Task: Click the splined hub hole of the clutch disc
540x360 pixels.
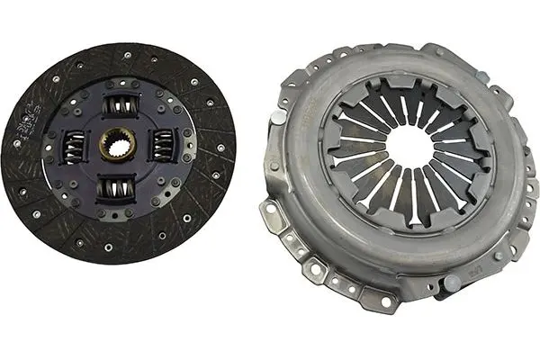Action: click(x=119, y=147)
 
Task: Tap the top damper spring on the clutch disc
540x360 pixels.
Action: click(x=120, y=107)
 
